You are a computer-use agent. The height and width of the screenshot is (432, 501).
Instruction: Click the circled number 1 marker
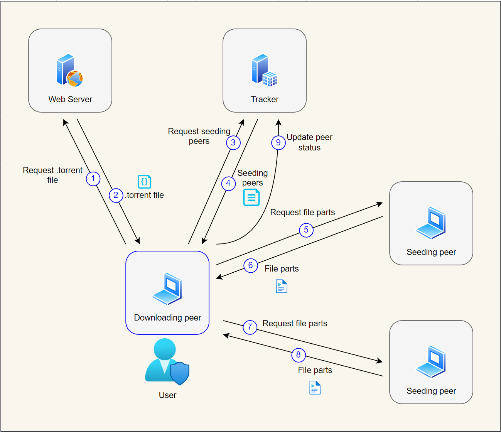(93, 179)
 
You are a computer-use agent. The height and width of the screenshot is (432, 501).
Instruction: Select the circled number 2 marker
(116, 195)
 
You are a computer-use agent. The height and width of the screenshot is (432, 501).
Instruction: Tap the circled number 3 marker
(233, 143)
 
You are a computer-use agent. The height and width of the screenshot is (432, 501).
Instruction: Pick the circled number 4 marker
(228, 183)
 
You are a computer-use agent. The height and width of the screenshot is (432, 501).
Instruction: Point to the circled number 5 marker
(306, 230)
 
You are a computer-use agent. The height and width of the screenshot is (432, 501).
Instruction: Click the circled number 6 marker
(250, 265)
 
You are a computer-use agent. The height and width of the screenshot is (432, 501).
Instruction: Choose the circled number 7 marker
(250, 327)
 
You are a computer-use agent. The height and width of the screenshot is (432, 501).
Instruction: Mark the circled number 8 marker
(298, 355)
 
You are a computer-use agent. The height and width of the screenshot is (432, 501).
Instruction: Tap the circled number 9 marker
(278, 143)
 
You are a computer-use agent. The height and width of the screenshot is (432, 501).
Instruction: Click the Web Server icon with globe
(70, 70)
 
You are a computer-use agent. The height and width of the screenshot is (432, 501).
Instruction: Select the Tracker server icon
(264, 70)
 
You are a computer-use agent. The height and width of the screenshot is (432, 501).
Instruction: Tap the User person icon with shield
(167, 362)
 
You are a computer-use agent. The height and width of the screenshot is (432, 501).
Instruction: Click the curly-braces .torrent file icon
(144, 181)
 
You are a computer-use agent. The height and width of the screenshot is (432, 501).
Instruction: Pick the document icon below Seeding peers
(251, 197)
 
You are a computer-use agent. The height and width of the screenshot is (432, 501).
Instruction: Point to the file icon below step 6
(282, 287)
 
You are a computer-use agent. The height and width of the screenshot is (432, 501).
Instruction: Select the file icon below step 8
(315, 388)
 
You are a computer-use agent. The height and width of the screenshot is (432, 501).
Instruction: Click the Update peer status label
(309, 142)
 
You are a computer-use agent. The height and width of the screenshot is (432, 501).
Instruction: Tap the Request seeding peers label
(199, 136)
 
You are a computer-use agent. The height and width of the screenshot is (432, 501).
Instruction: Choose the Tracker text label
(265, 99)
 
